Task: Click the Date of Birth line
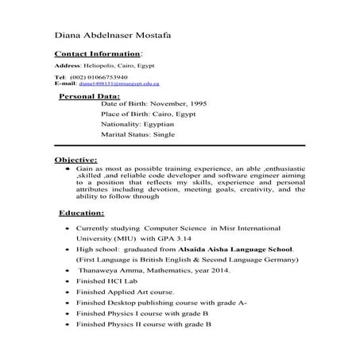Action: [154, 103]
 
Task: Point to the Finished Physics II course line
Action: [143, 324]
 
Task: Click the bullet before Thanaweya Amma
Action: [66, 271]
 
